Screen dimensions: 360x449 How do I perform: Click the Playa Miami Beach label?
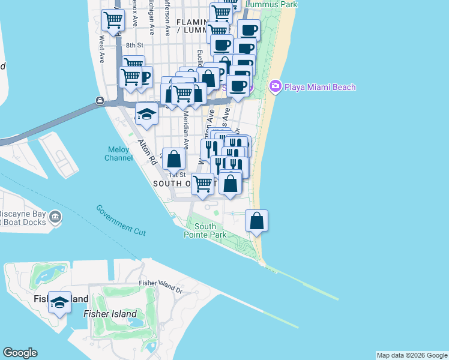320,87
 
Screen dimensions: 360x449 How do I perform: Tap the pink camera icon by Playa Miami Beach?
276,86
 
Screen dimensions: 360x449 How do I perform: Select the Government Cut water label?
121,220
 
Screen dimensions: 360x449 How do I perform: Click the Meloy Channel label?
119,154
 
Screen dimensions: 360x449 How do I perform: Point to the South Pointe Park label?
205,230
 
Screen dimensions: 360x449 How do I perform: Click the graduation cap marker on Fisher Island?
59,302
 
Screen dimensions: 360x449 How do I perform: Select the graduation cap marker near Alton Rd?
146,113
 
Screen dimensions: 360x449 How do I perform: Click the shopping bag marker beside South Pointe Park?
256,220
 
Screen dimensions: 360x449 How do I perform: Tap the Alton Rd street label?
146,153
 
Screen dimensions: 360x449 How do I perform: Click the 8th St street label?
134,45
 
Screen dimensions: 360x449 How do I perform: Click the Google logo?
20,353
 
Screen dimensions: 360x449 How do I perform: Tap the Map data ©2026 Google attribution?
412,355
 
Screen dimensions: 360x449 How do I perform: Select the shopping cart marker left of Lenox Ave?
112,20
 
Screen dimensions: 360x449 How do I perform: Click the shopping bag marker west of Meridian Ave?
173,159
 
